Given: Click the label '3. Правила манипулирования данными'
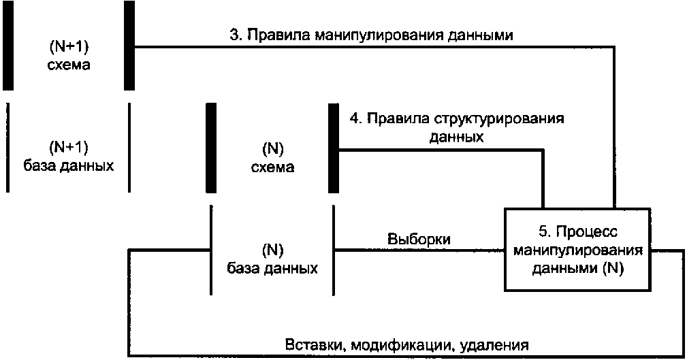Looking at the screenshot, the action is tap(372, 35).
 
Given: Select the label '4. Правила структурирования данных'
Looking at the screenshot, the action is tap(457, 127).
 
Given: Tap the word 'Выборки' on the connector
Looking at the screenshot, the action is tap(419, 239).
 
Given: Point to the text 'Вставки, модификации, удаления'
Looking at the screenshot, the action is tap(406, 345).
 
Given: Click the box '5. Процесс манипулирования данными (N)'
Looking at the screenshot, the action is tap(577, 250).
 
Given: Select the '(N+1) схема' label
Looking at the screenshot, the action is tap(69, 56).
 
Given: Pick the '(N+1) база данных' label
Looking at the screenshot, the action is tap(69, 157).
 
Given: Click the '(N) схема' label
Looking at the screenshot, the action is tap(272, 158).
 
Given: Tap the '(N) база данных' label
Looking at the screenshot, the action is tap(272, 259).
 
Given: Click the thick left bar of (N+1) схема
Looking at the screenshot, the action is tap(8, 46).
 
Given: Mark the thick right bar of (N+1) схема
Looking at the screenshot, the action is tap(129, 46).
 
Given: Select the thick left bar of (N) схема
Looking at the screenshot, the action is tap(211, 148).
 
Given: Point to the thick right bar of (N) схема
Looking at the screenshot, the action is tap(334, 148).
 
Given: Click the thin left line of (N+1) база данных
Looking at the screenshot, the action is tap(7, 148).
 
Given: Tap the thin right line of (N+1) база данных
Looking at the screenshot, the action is tap(129, 148).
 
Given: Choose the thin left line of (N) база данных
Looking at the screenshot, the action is tap(211, 250).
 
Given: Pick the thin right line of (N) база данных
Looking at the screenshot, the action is tap(334, 250).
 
